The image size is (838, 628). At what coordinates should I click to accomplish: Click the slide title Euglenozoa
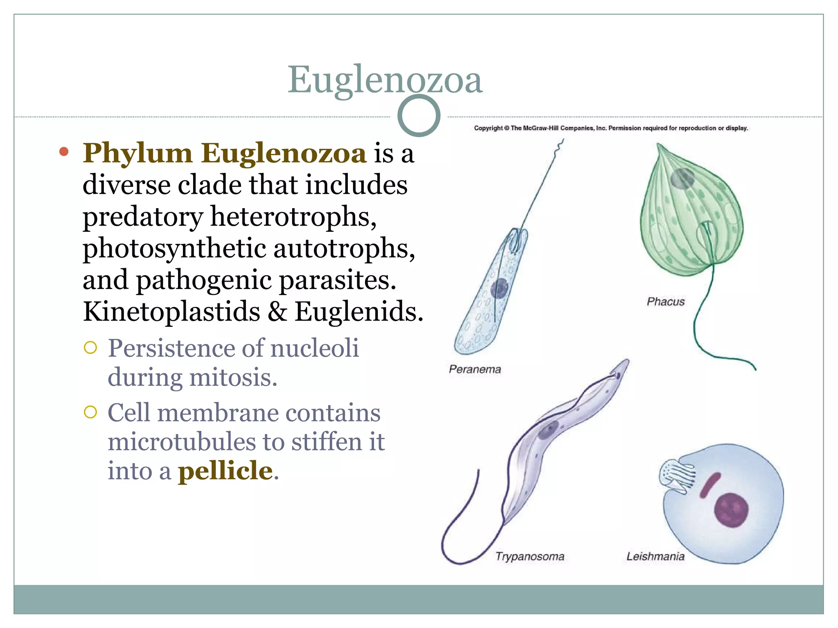(x=385, y=80)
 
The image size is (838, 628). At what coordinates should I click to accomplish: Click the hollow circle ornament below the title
(x=419, y=116)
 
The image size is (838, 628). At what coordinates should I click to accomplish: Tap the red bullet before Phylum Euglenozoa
(x=64, y=152)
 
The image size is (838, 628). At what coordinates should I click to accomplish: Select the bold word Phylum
(x=137, y=154)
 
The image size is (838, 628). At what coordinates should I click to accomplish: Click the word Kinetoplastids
(x=171, y=312)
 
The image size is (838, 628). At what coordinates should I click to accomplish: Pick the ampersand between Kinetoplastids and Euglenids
(x=277, y=312)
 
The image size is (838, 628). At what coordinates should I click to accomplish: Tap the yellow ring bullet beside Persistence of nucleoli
(x=90, y=348)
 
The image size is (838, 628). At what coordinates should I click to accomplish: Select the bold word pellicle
(x=225, y=471)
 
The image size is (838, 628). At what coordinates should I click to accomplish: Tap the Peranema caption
(x=475, y=369)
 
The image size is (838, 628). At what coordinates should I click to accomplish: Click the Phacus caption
(x=665, y=301)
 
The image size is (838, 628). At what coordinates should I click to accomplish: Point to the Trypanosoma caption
(x=529, y=556)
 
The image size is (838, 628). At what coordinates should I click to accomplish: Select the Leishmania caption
(x=655, y=556)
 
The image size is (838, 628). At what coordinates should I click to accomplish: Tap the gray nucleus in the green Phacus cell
(x=682, y=178)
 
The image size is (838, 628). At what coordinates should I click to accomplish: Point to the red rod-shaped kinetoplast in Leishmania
(x=710, y=485)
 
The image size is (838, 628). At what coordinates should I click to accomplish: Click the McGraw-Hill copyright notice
(x=610, y=128)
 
